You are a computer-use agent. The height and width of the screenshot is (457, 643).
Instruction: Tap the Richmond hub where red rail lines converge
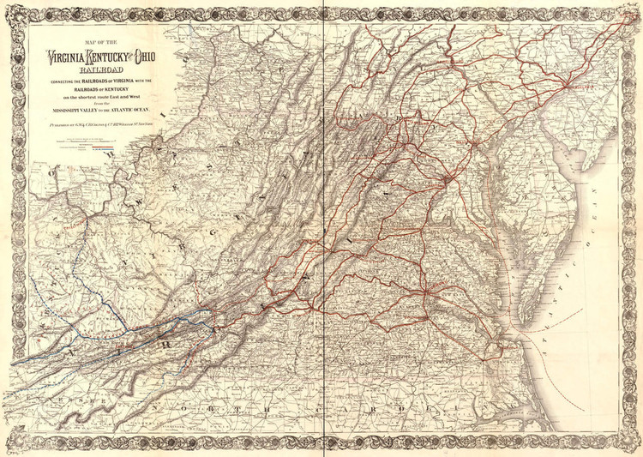[x=435, y=287]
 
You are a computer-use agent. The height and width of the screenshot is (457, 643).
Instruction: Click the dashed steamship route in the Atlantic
[x=566, y=377]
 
